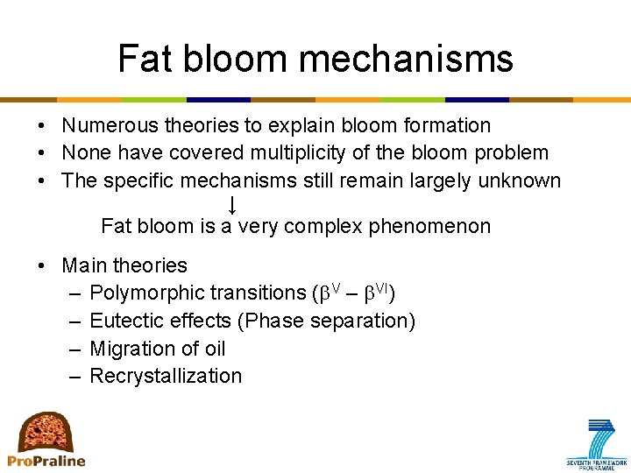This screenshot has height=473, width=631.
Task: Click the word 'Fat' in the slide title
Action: click(143, 59)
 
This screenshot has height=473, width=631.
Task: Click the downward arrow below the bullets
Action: click(232, 205)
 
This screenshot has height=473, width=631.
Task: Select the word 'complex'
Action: click(323, 227)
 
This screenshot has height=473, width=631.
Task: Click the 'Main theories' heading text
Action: click(124, 265)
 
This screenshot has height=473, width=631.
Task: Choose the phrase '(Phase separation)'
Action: click(330, 321)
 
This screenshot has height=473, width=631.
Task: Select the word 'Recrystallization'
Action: click(166, 376)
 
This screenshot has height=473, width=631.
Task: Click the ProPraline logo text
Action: click(46, 461)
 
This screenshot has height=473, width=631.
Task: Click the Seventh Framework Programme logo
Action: click(596, 445)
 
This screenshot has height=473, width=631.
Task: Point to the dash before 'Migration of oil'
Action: click(72, 349)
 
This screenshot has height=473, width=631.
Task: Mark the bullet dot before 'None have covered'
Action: click(42, 153)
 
